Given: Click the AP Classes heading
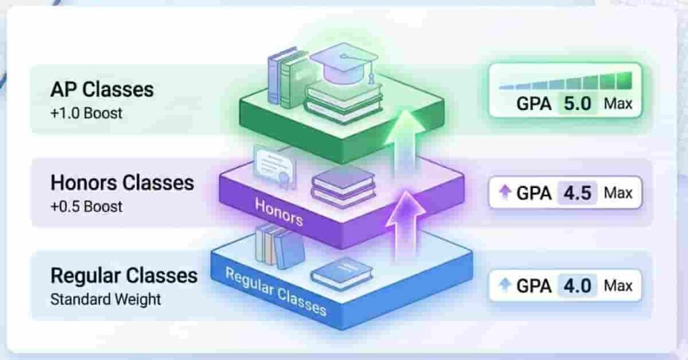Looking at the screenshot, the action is pos(102,89).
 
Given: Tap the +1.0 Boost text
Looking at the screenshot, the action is pos(86,113).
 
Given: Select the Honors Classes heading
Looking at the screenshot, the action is pos(122,183).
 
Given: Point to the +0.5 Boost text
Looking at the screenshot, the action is pos(86,206).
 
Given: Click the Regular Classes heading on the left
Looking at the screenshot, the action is pos(124,276).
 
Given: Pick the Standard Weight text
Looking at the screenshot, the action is pos(105,300).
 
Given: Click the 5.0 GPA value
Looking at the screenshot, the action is pos(577,104).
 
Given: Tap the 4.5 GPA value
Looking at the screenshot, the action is pos(577,193).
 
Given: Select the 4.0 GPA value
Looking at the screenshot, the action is pos(577,286).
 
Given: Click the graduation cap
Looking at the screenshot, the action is pos(344,64).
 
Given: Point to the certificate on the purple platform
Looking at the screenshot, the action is pos(275,167).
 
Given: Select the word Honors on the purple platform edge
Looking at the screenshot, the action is pos(279,212).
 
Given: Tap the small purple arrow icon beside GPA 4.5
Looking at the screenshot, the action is pos(505,191).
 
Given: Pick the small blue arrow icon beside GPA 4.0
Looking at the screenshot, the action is pos(505,285).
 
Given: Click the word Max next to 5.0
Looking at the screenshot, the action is pos(618,104).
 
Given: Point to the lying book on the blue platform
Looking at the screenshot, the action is pos(341,273).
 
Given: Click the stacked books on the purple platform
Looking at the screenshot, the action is pos(343,186).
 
